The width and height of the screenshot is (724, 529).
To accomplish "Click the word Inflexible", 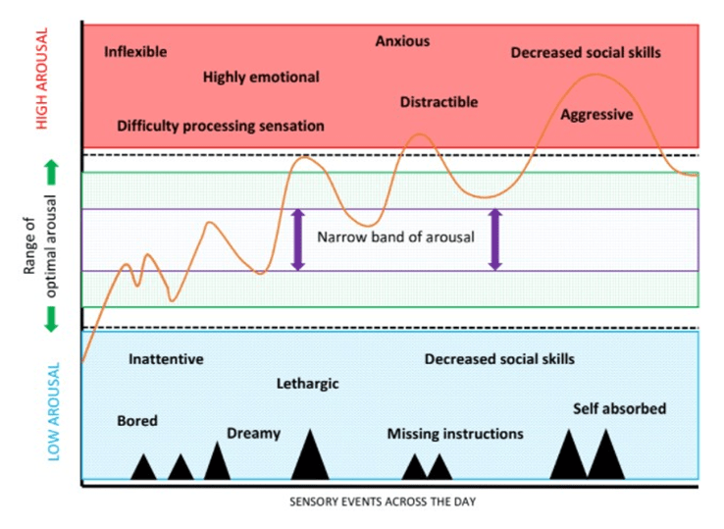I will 135,52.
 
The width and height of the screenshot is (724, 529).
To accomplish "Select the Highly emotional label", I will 261,78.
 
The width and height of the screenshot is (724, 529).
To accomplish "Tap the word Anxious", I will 402,41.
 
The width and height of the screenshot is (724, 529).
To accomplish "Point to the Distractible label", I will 439,102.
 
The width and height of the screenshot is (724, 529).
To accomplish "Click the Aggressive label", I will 596,115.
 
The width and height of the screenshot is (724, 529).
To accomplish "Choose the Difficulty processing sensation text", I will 220,127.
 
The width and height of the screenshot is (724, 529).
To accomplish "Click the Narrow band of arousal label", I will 395,238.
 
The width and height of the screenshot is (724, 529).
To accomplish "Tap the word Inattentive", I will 166,359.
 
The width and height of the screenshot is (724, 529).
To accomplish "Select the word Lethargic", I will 307,384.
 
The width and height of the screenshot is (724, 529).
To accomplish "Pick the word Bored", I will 137,421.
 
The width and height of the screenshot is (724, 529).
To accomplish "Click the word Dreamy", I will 253,433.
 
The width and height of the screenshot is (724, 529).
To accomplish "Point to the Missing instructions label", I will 455,434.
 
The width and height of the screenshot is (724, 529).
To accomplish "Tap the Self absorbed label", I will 619,408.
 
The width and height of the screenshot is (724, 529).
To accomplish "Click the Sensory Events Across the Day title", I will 390,502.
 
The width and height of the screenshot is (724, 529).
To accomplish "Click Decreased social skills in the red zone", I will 586,52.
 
